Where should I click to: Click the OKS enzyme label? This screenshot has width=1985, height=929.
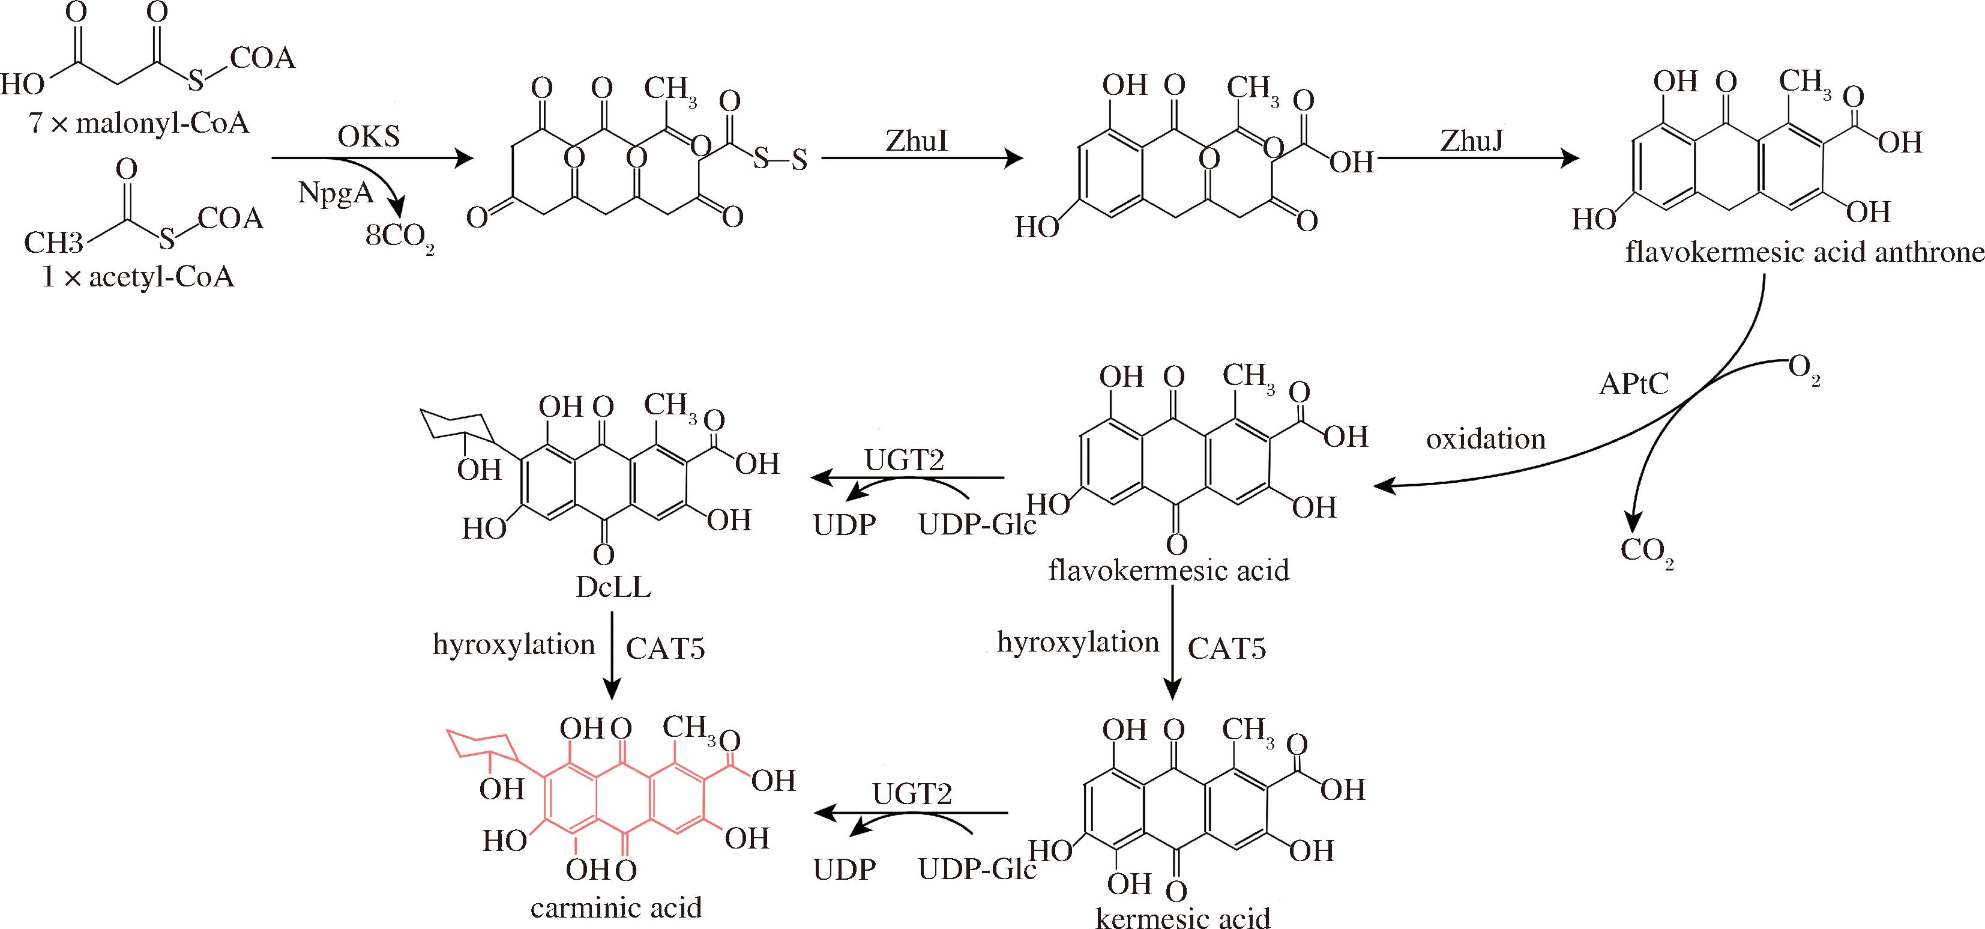[369, 136]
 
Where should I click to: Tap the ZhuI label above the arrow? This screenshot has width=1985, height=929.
[916, 141]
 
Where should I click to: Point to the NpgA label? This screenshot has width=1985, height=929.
[336, 193]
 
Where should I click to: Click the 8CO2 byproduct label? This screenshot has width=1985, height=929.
[399, 237]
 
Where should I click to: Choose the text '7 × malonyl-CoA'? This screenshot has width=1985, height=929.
[139, 123]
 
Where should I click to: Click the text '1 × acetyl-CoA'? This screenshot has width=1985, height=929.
[138, 276]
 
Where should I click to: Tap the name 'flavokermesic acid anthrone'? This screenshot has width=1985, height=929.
[1804, 252]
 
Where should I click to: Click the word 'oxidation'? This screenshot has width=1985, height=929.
[1486, 438]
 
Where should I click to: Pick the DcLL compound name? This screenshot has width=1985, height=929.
[613, 587]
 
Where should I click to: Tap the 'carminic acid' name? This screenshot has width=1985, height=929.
[616, 907]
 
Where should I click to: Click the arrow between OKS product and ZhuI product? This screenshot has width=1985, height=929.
[921, 159]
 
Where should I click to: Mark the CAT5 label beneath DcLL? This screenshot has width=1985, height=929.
[665, 649]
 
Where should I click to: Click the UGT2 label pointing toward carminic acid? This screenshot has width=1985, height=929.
[912, 793]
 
